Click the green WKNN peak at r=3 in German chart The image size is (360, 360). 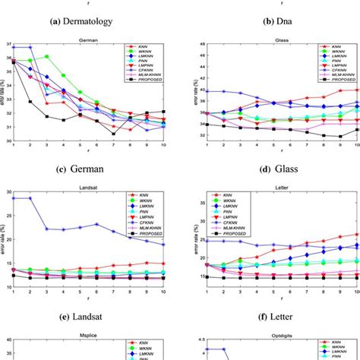point(47,56)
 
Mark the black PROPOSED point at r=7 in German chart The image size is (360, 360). point(113,134)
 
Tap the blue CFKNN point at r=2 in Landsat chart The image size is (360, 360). point(30,198)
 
